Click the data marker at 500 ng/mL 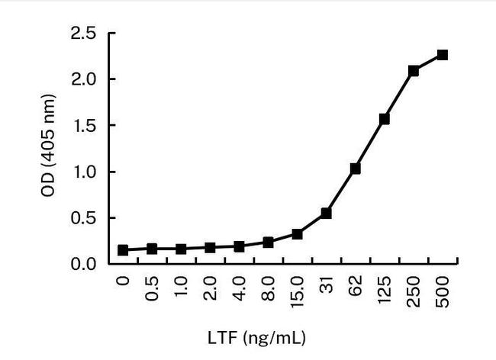[442, 55]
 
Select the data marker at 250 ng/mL [413, 71]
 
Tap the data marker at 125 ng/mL [384, 119]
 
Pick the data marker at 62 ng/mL [355, 169]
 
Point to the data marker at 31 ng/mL [326, 214]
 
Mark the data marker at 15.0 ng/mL [297, 234]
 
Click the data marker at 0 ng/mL [123, 250]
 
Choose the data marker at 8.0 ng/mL [268, 243]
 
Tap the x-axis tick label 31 [327, 286]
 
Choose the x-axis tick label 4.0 [240, 290]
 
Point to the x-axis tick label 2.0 [211, 290]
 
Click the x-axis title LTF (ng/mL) [258, 336]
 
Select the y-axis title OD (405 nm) [48, 149]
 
